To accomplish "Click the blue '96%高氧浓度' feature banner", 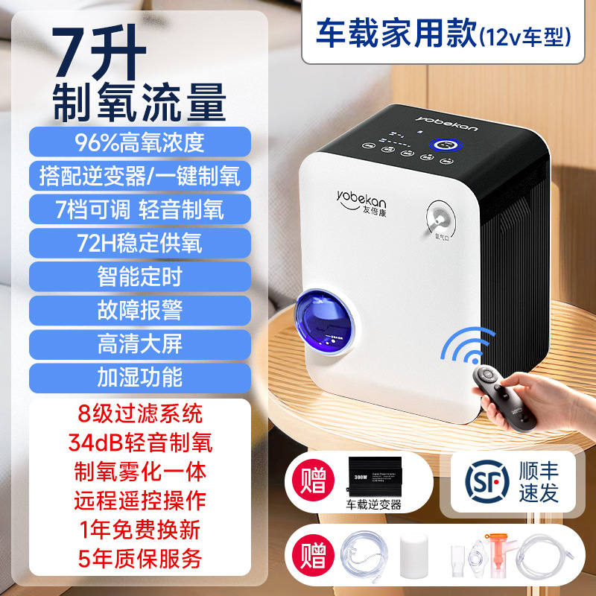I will click(x=139, y=142).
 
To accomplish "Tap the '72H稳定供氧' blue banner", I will click(x=139, y=243).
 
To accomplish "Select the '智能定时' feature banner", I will click(x=139, y=276).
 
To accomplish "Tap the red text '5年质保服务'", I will click(x=139, y=555).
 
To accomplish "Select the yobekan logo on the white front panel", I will click(x=358, y=197).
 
